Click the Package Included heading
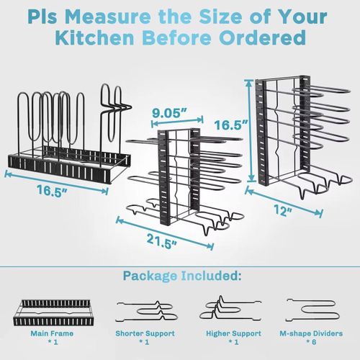[x=180, y=276]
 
